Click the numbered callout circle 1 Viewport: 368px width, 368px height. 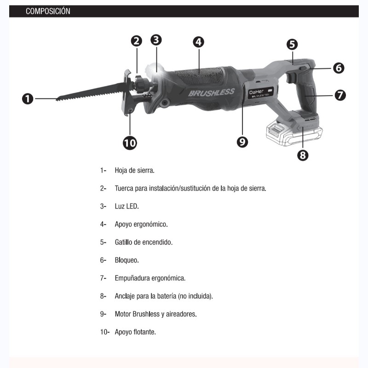point(28,98)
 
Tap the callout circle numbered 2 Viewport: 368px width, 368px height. point(137,41)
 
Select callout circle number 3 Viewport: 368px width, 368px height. point(156,40)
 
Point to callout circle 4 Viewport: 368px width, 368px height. point(198,42)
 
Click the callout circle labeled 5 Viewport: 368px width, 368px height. point(292,45)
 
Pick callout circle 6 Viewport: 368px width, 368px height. point(339,68)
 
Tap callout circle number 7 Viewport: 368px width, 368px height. point(340,95)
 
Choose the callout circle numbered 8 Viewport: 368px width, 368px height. point(302,155)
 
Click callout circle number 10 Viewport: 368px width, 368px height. point(130,143)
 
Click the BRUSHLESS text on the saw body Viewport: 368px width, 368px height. point(212,92)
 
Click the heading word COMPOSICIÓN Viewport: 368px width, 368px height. point(48,11)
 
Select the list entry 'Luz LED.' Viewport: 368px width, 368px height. point(126,206)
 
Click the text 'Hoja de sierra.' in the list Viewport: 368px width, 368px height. point(134,170)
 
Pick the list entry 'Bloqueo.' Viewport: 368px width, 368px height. point(126,260)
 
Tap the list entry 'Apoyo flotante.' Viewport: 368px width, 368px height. point(135,331)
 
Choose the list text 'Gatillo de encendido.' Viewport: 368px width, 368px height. point(144,242)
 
